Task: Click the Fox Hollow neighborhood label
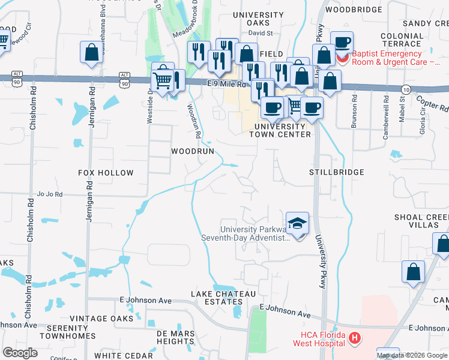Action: point(106,173)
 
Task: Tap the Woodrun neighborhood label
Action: point(193,151)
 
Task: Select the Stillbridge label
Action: point(337,172)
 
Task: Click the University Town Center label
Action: point(283,130)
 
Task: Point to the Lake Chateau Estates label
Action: point(224,298)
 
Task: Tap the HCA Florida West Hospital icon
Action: point(355,338)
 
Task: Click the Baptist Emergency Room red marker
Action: point(342,59)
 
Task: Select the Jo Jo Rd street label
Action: point(50,194)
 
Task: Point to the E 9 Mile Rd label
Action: point(228,85)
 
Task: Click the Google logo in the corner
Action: point(20,352)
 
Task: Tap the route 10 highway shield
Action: point(406,89)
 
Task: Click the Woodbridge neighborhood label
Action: point(353,10)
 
